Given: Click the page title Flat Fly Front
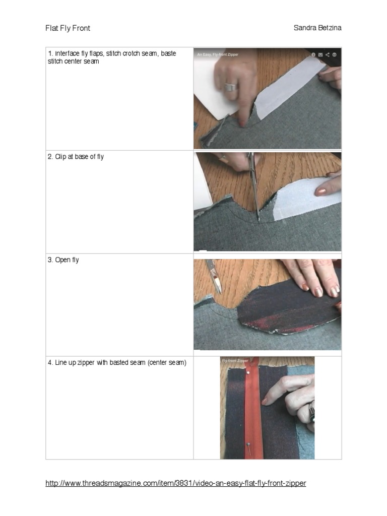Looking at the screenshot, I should tap(68, 28).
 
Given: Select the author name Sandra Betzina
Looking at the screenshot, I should tap(317, 28).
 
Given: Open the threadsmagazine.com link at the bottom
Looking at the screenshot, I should tap(175, 483).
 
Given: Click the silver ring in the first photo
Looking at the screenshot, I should tap(230, 87).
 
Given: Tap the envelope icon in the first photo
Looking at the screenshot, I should tap(320, 54).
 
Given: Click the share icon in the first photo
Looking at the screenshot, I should tap(327, 54).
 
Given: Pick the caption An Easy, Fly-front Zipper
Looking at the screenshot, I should tap(218, 54).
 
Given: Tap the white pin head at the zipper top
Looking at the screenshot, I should tap(247, 371).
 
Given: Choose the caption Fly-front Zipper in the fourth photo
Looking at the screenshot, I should tap(235, 361).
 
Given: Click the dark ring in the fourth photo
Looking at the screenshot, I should tap(312, 411).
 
